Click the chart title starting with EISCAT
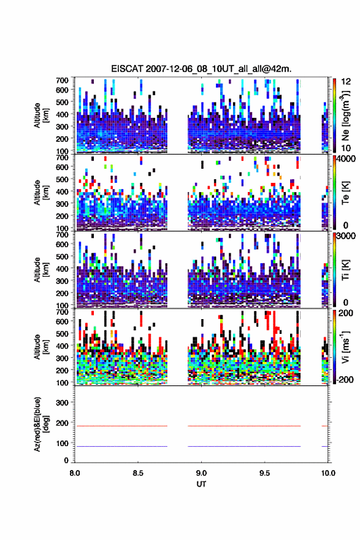pos(201,69)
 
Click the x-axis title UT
pos(201,484)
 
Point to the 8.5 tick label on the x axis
pos(138,473)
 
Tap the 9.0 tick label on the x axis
pos(201,473)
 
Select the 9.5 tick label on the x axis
pos(265,473)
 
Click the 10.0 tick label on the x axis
pos(328,473)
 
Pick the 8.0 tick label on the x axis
pos(75,473)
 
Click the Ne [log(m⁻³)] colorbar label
pos(345,115)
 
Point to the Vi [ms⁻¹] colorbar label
pos(345,347)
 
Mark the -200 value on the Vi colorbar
pos(345,380)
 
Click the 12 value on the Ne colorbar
pos(346,82)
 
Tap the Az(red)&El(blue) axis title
pos(40,424)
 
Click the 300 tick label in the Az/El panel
pos(62,403)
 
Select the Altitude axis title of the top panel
pos(40,115)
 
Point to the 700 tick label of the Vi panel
pos(62,312)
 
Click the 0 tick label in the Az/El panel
pos(66,460)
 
